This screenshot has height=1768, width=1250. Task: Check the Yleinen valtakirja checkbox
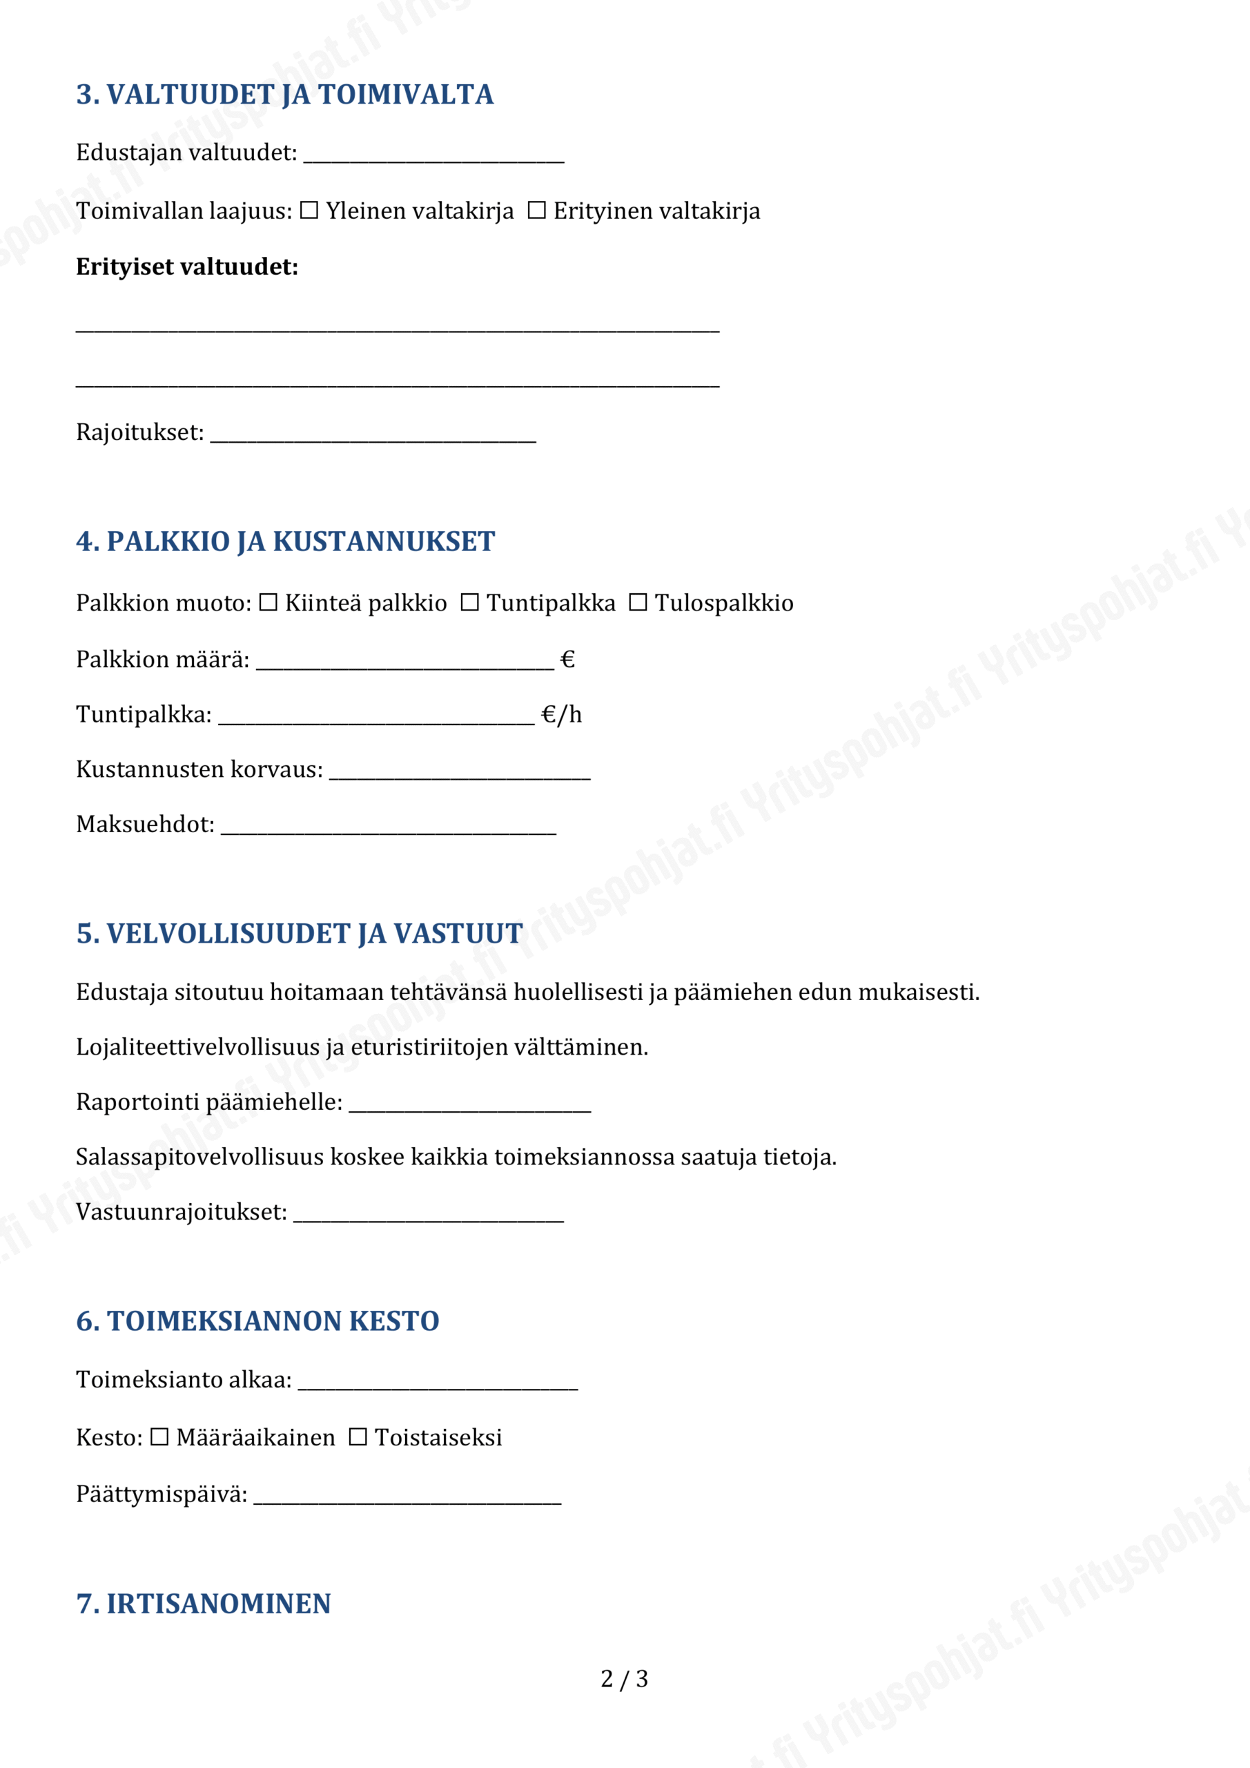pyautogui.click(x=309, y=210)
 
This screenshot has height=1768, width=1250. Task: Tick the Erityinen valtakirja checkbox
pyautogui.click(x=536, y=210)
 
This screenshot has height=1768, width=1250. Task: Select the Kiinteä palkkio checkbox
pyautogui.click(x=268, y=602)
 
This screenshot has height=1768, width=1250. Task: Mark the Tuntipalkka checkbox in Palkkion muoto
pyautogui.click(x=469, y=602)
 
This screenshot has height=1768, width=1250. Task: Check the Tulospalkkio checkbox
pyautogui.click(x=638, y=602)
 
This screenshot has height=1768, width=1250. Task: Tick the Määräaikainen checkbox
pyautogui.click(x=159, y=1437)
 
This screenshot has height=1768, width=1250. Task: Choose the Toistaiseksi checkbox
pyautogui.click(x=358, y=1437)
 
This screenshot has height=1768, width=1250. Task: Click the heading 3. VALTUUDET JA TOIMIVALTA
pyautogui.click(x=285, y=95)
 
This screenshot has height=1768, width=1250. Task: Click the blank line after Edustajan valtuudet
pyautogui.click(x=433, y=156)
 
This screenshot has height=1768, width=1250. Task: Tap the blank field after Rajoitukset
pyautogui.click(x=373, y=436)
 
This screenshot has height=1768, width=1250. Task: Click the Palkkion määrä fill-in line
pyautogui.click(x=405, y=664)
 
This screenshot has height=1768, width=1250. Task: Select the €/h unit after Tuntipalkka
pyautogui.click(x=561, y=715)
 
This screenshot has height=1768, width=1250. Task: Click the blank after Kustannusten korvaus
pyautogui.click(x=460, y=773)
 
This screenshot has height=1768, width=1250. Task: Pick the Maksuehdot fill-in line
pyautogui.click(x=389, y=828)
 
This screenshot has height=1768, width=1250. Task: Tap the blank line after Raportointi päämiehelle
pyautogui.click(x=469, y=1106)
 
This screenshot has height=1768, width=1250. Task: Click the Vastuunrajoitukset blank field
pyautogui.click(x=429, y=1216)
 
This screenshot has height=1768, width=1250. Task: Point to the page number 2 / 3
pyautogui.click(x=624, y=1679)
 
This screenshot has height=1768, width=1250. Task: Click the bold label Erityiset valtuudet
pyautogui.click(x=187, y=267)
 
